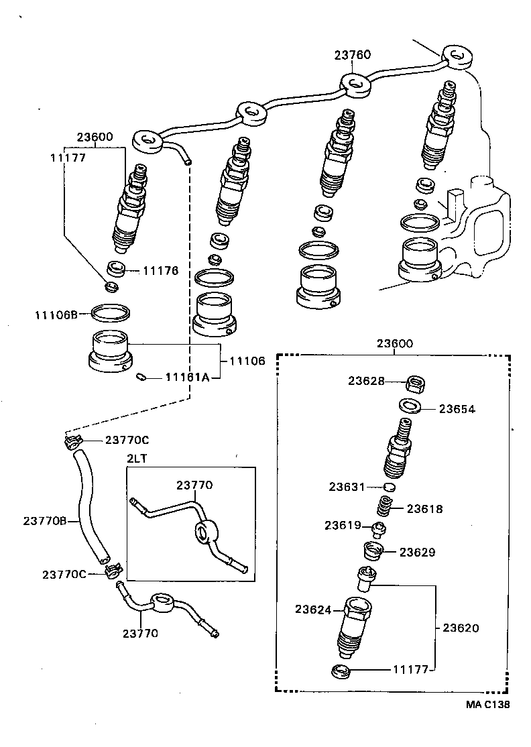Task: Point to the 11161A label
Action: (188, 378)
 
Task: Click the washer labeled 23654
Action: (409, 406)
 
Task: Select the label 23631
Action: (347, 486)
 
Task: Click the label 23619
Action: (343, 525)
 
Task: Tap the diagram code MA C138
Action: (489, 704)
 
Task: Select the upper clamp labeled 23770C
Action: (73, 441)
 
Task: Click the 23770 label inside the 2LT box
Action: (194, 485)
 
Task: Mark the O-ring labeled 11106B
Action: (111, 312)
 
